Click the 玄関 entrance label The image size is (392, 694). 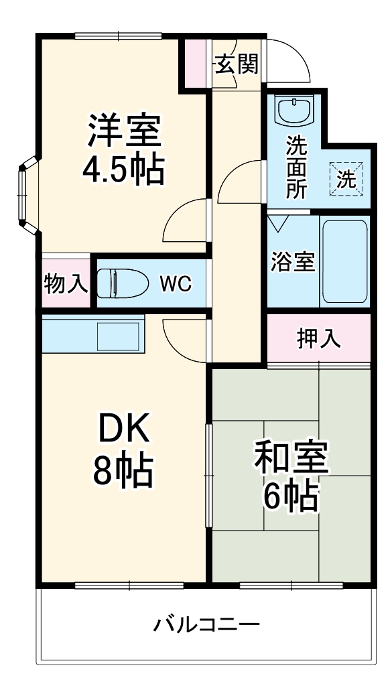tap(237, 64)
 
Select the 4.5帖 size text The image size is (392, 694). tap(123, 171)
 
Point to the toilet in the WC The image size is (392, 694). tap(122, 284)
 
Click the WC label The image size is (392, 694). tap(175, 284)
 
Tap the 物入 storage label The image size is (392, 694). tap(66, 284)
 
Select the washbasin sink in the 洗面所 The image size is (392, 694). tap(296, 109)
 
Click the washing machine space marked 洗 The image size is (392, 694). tap(346, 179)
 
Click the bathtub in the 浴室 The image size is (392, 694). tap(344, 261)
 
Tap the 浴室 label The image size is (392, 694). tap(293, 261)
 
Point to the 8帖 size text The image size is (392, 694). tap(124, 472)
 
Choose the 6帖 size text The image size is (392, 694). tap(290, 498)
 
